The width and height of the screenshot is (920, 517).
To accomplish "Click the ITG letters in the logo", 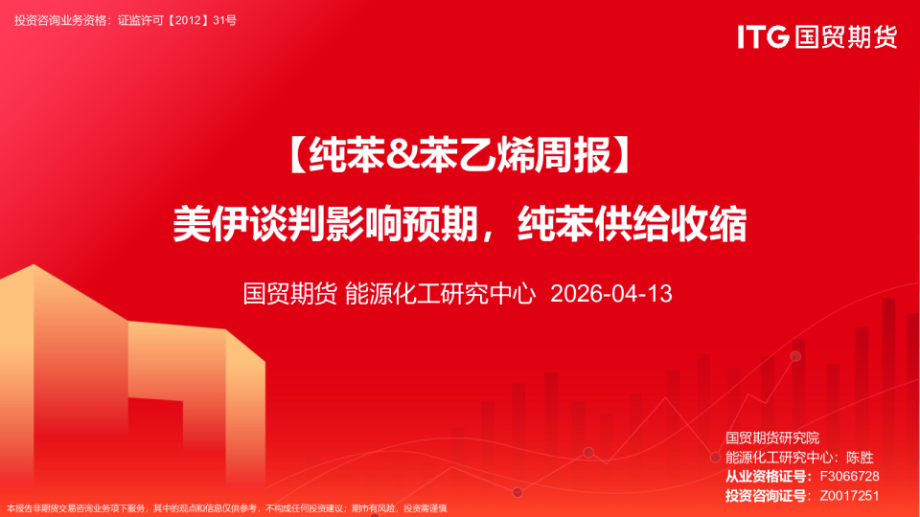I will coord(763,36).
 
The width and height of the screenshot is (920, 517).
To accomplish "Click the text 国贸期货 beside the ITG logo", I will coord(844,36).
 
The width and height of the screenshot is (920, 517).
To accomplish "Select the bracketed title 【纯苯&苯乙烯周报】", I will coord(459,154).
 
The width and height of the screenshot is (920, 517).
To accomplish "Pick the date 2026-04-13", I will coord(611,293).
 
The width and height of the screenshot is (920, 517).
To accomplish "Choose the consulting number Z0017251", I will coord(849,496).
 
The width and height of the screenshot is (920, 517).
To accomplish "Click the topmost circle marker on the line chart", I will coord(795,356).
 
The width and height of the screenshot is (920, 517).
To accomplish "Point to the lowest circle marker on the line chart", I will coord(517,492).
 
